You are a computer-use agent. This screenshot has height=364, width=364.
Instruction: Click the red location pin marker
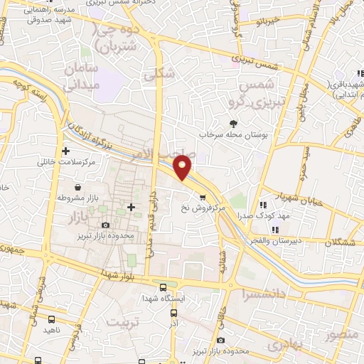tap(183, 166)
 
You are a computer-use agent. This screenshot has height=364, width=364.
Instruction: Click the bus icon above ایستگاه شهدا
tap(164, 288)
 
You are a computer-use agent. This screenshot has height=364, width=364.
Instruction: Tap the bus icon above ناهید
tap(52, 319)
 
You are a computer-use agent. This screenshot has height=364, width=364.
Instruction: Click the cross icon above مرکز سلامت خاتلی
tap(66, 150)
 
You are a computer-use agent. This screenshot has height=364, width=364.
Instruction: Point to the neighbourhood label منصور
tap(341, 333)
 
